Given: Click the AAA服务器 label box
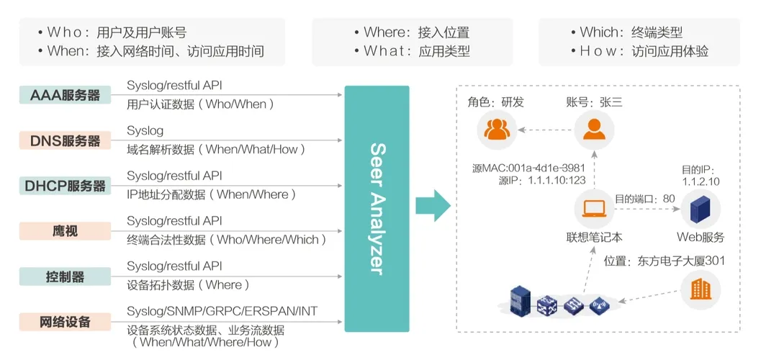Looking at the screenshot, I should click(x=65, y=95).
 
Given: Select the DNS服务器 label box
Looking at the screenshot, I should click(x=65, y=140).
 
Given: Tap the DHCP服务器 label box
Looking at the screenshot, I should click(x=65, y=186).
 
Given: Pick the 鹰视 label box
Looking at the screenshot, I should click(x=65, y=231).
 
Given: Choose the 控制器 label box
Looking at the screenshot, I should click(x=65, y=276).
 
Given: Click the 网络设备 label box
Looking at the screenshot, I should click(x=65, y=322).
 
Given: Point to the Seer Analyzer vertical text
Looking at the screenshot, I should click(x=377, y=209).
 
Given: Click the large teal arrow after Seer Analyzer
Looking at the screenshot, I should click(x=433, y=207).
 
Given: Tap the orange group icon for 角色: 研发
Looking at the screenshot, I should click(x=497, y=130).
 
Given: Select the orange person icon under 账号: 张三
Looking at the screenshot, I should click(x=593, y=130).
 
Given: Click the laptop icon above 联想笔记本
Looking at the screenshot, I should click(x=593, y=209).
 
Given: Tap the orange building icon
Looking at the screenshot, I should click(x=701, y=290).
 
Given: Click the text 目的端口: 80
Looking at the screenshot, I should click(x=644, y=197).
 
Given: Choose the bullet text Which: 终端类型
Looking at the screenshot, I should click(x=631, y=32).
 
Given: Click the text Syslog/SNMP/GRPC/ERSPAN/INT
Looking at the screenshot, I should click(x=222, y=311).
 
